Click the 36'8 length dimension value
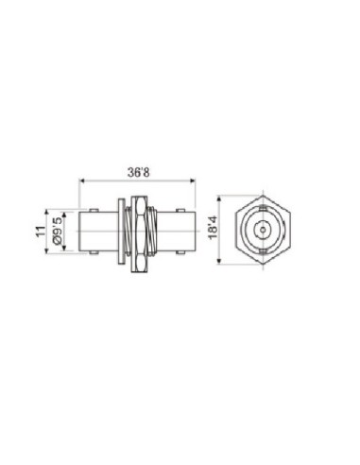139,171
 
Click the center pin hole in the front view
259,230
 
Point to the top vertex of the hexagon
259,195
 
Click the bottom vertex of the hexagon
259,265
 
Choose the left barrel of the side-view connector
98,230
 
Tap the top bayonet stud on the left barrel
93,209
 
